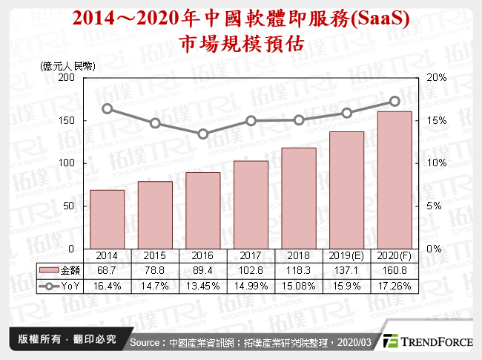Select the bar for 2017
click(251, 204)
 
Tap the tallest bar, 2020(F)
click(394, 180)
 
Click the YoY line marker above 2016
click(203, 134)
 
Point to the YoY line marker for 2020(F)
click(394, 101)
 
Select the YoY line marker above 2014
click(107, 108)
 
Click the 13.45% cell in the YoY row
click(203, 285)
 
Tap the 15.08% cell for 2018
click(299, 285)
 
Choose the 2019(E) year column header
click(347, 254)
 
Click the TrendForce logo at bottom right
click(428, 341)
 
